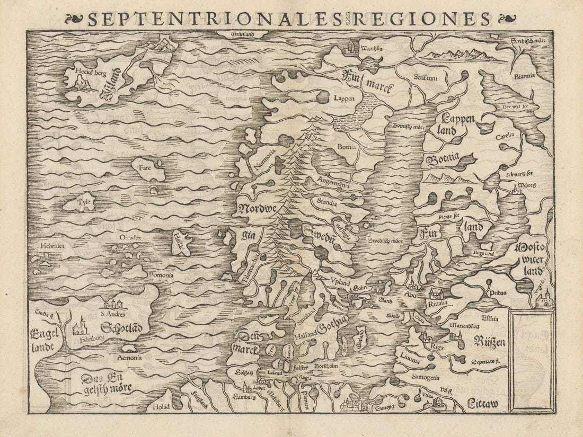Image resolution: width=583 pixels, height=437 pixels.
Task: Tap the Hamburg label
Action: click(245, 396)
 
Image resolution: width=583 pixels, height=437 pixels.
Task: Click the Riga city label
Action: click(438, 346)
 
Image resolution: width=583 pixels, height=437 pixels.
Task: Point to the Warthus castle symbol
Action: click(351, 47)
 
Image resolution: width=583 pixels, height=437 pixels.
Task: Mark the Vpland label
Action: click(339, 283)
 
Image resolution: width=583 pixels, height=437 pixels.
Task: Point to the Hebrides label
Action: click(51, 246)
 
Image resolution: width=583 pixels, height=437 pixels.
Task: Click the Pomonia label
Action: click(161, 275)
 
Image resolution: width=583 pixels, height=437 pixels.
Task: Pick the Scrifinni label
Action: click(425, 77)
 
